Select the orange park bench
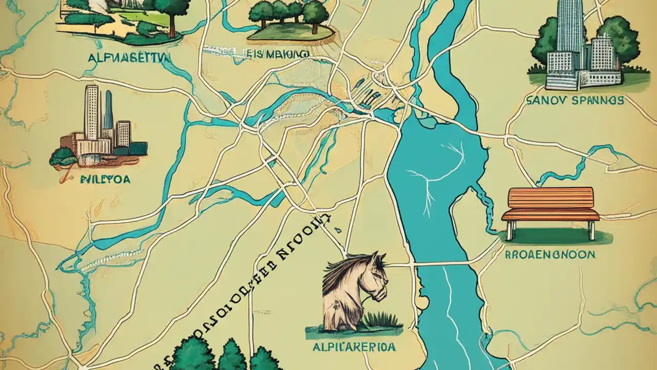point(550,205)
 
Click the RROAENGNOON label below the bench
point(550,254)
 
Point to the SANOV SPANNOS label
point(575,100)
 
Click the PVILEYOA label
point(105,179)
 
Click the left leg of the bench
point(509,229)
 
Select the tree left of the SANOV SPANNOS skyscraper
point(544,44)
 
